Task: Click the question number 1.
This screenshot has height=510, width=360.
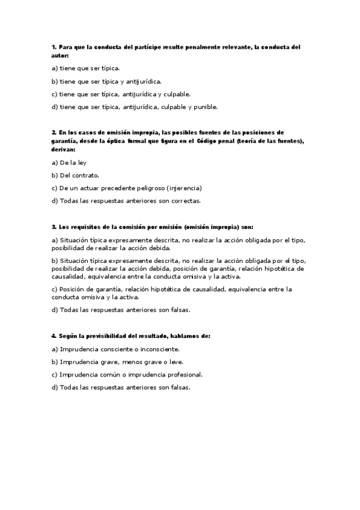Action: (53, 47)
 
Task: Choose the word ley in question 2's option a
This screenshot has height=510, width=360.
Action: (82, 162)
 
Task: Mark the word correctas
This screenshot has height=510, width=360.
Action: (185, 201)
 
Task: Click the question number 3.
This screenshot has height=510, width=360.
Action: (53, 227)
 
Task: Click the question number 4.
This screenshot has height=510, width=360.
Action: (53, 336)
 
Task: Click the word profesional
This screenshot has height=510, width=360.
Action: (183, 374)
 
